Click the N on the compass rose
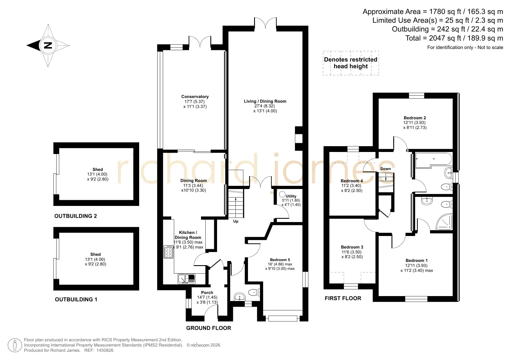point(48,46)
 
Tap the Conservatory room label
point(195,97)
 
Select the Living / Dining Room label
point(265,101)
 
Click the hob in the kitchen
point(168,252)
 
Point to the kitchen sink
point(186,279)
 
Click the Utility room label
point(291,196)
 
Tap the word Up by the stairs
point(236,221)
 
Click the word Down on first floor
point(385,169)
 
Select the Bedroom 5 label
point(280,260)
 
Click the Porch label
point(207,293)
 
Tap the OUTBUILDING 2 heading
point(76,216)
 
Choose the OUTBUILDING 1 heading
point(76,300)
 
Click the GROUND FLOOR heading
point(209,328)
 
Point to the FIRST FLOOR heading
point(343,298)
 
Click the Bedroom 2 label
point(415,118)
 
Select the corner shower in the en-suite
point(444,221)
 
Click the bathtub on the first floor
point(434,160)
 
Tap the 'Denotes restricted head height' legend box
point(351,63)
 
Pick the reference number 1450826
point(104,350)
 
